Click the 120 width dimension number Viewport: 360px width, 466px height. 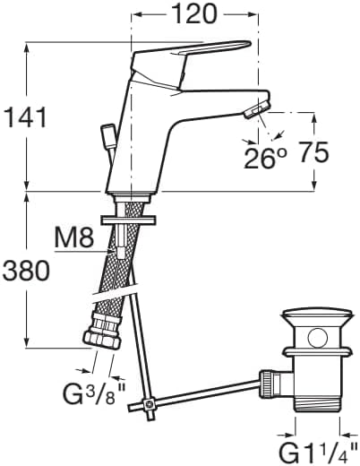pyautogui.click(x=194, y=14)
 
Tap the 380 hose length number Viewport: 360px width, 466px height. pyautogui.click(x=26, y=271)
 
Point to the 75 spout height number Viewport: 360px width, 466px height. pyautogui.click(x=313, y=152)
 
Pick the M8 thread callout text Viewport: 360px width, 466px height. pyautogui.click(x=74, y=238)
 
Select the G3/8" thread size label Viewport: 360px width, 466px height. pyautogui.click(x=94, y=393)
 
